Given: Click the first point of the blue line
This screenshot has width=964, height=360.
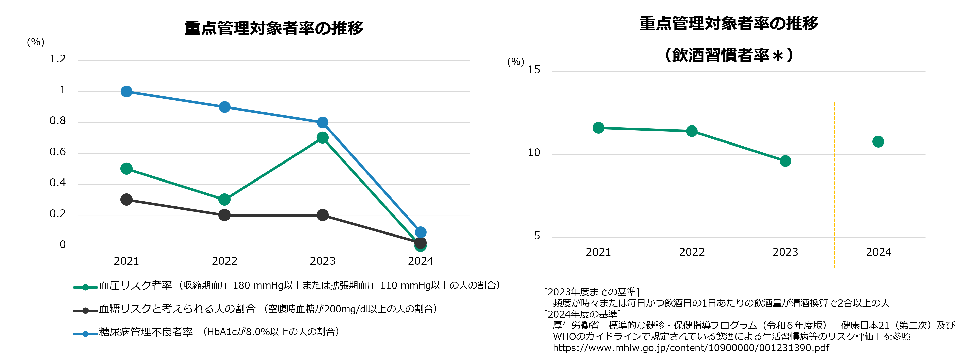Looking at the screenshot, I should [127, 91].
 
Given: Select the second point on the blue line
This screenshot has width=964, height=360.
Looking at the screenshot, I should [224, 107].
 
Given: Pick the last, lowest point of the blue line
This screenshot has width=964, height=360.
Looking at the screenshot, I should [421, 232].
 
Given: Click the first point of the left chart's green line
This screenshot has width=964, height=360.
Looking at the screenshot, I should [127, 168].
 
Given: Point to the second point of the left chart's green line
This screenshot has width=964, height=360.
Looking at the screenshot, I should [224, 200].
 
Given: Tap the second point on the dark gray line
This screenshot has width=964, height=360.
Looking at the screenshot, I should [224, 215].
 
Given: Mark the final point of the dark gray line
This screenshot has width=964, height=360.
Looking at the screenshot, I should [421, 243].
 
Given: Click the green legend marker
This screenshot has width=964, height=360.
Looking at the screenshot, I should [85, 287].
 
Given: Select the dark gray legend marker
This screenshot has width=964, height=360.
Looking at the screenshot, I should [85, 311].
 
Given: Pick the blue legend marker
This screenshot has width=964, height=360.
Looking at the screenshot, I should [85, 334].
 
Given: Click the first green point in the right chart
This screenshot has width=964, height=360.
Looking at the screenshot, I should [598, 128].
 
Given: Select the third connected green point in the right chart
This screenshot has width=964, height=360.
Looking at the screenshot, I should [785, 161].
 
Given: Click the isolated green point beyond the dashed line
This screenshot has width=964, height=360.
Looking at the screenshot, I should [878, 141].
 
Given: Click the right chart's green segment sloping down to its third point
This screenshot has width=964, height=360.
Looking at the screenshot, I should [738, 146].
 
